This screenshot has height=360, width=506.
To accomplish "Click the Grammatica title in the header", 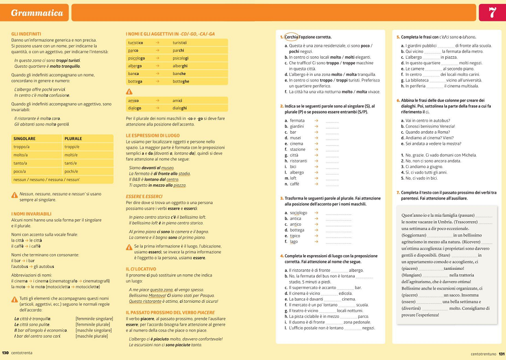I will (37, 13).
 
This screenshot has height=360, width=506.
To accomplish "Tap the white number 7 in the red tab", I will (492, 13).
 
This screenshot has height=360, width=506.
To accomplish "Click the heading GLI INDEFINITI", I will (26, 34).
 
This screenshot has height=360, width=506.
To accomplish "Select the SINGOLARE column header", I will (24, 139).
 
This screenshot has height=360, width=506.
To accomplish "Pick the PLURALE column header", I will (73, 139).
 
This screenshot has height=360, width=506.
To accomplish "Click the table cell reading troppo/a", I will (25, 147).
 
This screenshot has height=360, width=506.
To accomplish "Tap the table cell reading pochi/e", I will (71, 171).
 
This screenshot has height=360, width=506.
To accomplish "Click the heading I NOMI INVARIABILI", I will (31, 214).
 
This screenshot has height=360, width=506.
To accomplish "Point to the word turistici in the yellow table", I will (180, 43).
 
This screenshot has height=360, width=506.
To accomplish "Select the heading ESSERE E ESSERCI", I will (144, 196).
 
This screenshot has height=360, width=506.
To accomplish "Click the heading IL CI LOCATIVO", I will (141, 269).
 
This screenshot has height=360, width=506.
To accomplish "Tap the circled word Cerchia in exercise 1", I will (291, 37).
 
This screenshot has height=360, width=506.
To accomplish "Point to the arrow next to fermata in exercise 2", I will (316, 121).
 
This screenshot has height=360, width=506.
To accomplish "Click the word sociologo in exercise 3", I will (299, 213).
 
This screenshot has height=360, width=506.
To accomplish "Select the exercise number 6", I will (398, 100).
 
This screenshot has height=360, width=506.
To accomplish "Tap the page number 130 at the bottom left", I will (6, 352).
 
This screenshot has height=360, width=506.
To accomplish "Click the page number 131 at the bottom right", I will (501, 354).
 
